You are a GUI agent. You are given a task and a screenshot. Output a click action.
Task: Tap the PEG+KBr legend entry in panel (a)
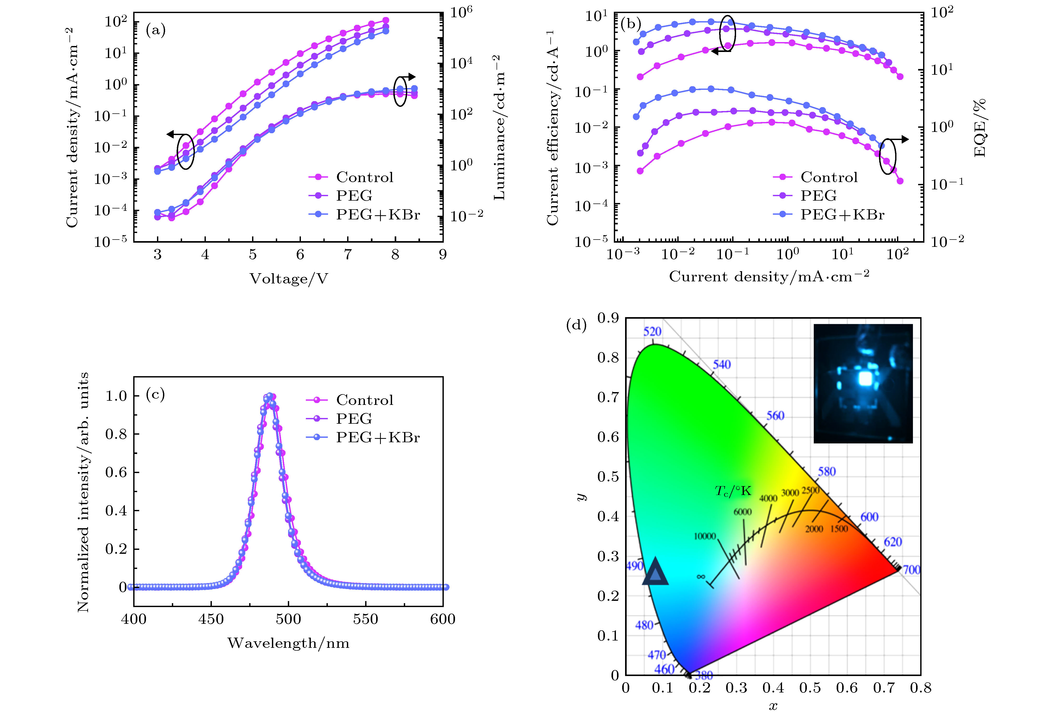377,214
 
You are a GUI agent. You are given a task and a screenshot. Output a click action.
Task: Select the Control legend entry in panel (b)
829,177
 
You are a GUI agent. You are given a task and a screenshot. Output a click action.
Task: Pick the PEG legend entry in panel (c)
354,418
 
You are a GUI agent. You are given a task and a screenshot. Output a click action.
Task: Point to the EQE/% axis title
980,128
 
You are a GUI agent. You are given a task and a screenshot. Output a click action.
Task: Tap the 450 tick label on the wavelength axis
211,619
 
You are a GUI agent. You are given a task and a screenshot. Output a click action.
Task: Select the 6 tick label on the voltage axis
300,255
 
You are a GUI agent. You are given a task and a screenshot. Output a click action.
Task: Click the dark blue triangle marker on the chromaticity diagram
655,572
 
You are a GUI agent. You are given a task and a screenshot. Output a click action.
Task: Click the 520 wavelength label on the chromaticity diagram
652,331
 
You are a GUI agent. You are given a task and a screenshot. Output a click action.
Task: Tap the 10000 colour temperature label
704,536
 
